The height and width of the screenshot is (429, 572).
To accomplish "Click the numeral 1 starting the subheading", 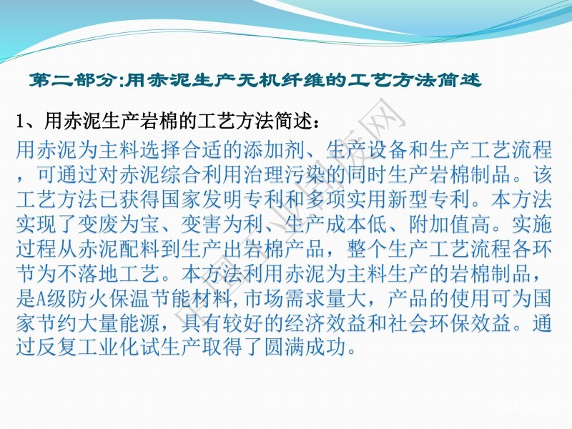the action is [x=21, y=121].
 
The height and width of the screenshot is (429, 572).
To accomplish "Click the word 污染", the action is [x=307, y=174].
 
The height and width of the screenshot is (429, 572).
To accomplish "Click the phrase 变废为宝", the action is [x=119, y=225].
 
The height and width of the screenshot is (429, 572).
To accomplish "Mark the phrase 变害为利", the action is [x=222, y=225].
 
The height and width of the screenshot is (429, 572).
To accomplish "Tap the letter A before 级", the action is [x=41, y=299].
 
